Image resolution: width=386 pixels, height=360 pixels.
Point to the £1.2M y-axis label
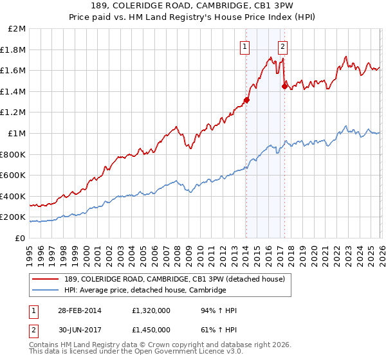tap(13, 113)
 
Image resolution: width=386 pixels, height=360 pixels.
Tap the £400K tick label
tap(13, 196)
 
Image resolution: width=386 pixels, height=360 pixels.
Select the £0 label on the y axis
tap(21, 238)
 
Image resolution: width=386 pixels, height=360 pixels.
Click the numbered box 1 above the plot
tap(246, 46)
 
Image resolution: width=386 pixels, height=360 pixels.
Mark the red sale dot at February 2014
tap(246, 100)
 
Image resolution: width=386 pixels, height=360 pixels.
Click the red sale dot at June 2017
tap(284, 86)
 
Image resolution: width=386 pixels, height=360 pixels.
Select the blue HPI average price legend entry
tap(145, 290)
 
